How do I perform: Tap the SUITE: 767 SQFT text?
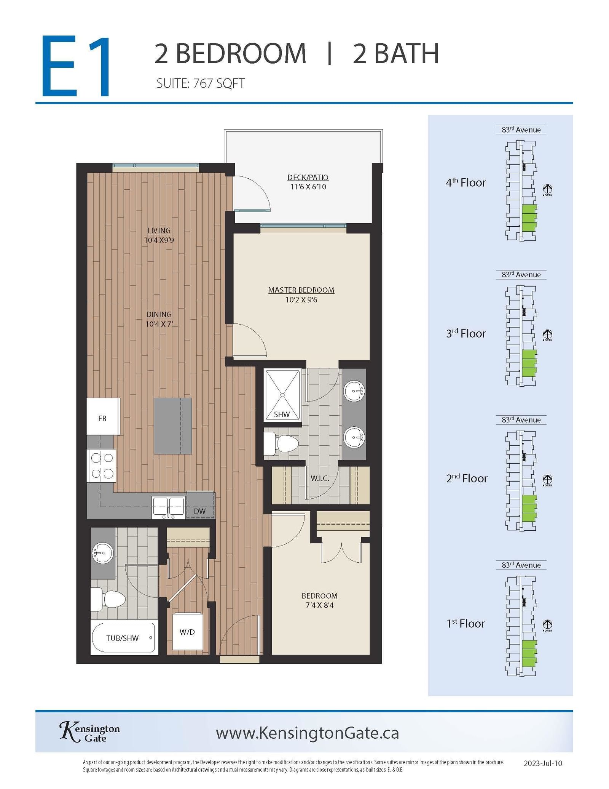click(x=201, y=83)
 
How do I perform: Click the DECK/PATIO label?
click(x=308, y=177)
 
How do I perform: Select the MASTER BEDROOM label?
click(x=301, y=290)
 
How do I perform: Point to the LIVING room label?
click(x=159, y=230)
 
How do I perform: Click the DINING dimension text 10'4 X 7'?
click(x=159, y=324)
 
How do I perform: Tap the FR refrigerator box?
click(x=103, y=416)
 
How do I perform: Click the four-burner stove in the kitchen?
click(x=101, y=466)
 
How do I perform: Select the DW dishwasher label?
click(x=200, y=511)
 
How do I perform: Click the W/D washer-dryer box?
click(x=187, y=632)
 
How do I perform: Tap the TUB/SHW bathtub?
click(x=124, y=638)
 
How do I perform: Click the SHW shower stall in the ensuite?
click(x=282, y=395)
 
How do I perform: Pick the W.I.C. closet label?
click(x=320, y=478)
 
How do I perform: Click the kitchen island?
click(x=173, y=426)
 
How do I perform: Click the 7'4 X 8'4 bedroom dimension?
click(x=320, y=605)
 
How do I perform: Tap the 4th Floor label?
click(x=466, y=182)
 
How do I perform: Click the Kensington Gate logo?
click(x=90, y=732)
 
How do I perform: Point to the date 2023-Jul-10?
click(x=543, y=763)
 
